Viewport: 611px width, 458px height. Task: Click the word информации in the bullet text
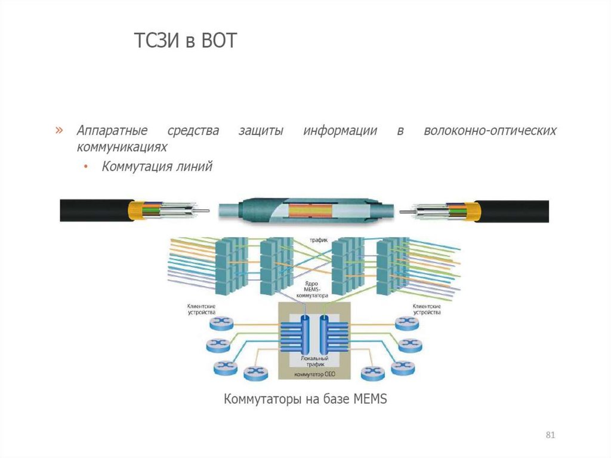tap(339, 130)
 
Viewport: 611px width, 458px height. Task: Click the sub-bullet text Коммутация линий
tap(157, 167)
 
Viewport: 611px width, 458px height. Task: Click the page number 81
tap(550, 434)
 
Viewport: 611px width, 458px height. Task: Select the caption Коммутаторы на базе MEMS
tap(305, 399)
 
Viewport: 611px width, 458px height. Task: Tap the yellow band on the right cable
tap(474, 210)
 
